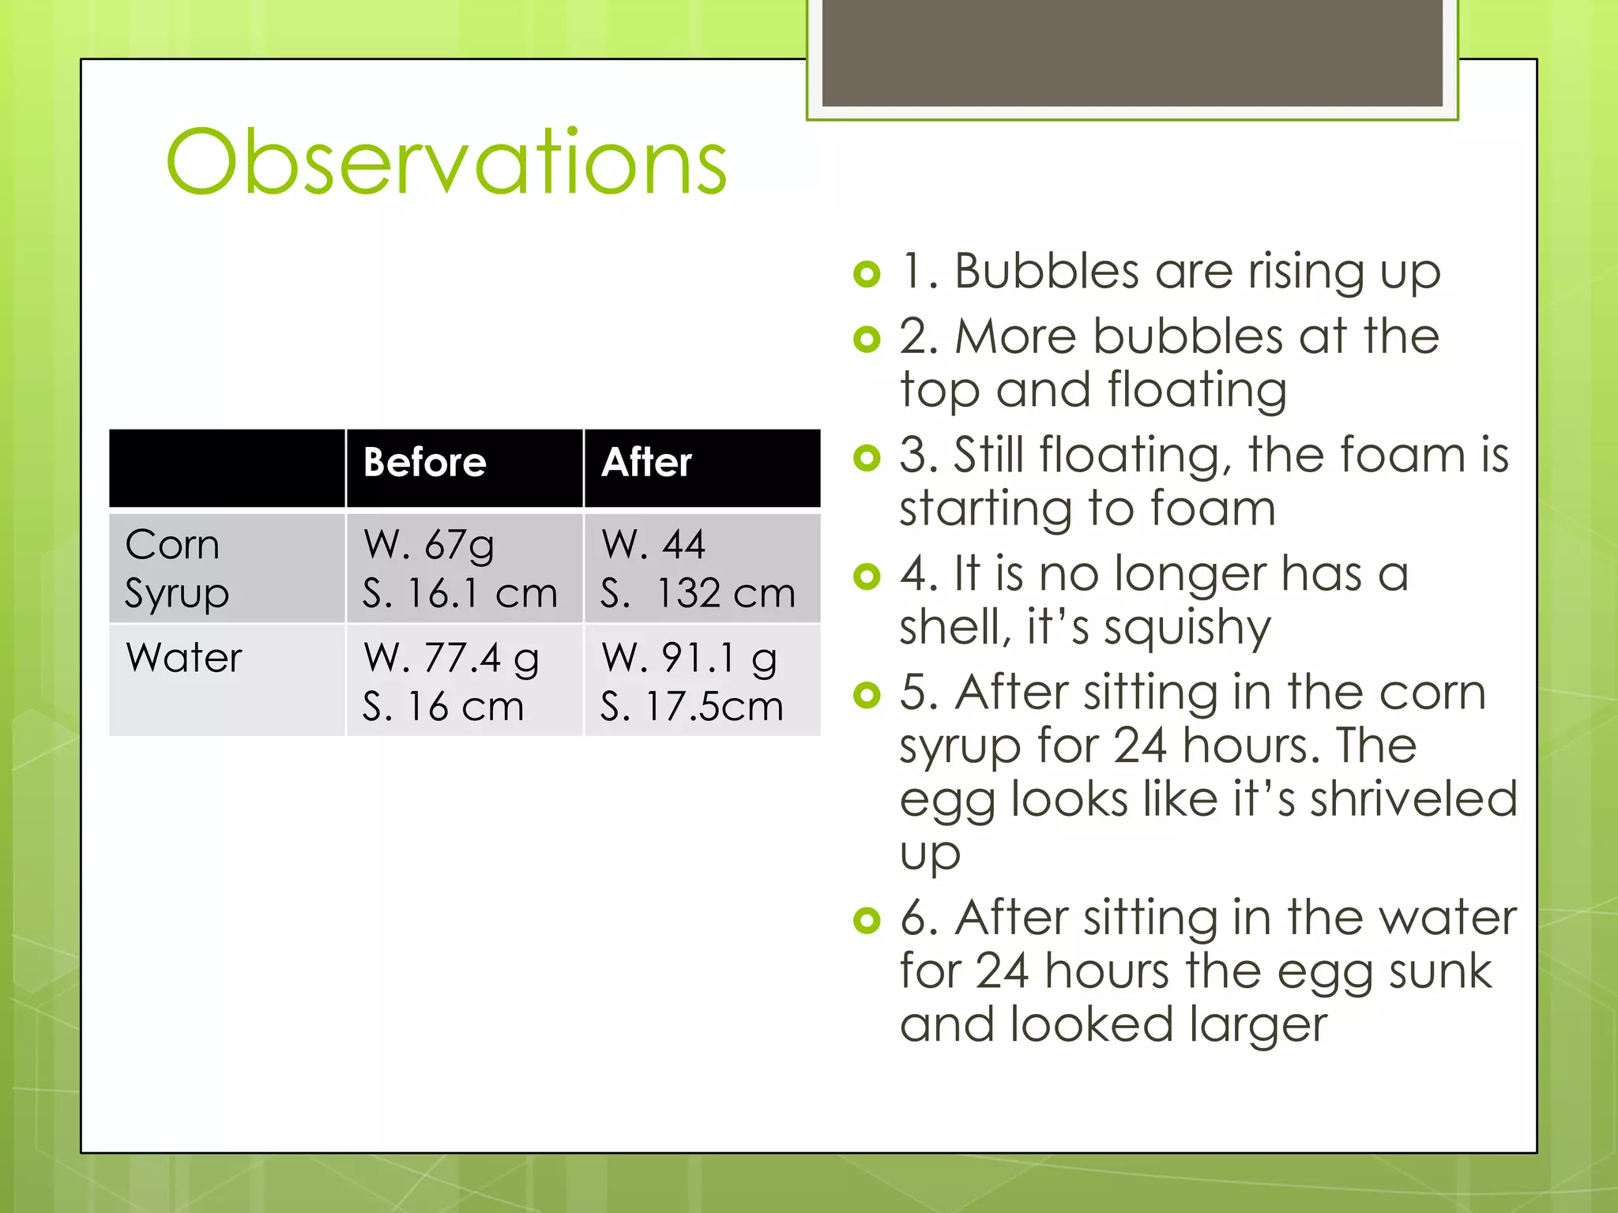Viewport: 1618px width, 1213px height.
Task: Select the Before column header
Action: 424,463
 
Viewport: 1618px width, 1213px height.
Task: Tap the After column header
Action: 646,463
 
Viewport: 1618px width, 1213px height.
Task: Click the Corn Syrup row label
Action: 176,569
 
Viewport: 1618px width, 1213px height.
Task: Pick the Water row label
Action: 183,657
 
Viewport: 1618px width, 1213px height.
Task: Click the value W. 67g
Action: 429,546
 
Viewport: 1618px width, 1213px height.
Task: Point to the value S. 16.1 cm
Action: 460,593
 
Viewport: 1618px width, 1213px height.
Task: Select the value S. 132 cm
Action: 697,593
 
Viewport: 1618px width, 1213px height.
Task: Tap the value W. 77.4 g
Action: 451,658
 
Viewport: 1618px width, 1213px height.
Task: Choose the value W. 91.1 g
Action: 689,658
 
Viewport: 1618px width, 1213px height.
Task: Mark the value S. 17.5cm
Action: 691,706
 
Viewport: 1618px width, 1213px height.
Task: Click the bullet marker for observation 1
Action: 867,274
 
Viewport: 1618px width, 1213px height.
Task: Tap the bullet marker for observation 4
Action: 867,576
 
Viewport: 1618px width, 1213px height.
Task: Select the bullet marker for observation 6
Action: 867,920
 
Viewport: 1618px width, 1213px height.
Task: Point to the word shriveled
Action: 1413,799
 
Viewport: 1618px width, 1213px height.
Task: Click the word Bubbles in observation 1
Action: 1046,272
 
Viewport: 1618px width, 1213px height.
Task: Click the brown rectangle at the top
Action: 1132,53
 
